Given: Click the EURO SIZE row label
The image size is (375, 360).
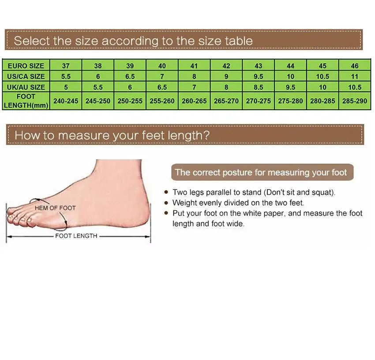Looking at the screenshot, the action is coord(26,66).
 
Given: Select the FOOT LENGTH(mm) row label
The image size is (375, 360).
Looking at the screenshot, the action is coord(26,101).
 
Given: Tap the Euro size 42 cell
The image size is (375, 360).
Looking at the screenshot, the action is coord(226,66).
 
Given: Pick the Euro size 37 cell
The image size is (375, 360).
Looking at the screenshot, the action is coord(66,66).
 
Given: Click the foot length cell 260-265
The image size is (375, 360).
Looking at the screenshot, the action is coord(194,101).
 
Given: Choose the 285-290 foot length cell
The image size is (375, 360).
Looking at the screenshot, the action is coord(355,101).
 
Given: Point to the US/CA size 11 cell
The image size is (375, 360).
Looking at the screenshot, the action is coord(355,76).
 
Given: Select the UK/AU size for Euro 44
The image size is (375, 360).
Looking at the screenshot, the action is coord(291,87).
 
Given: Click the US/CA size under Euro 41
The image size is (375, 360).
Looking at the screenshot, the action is coord(194,76).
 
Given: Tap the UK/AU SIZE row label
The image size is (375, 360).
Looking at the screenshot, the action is coord(26,87).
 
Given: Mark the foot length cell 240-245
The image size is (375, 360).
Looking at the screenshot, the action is coord(66,101).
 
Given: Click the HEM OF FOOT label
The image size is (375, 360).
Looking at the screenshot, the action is coord(55,208).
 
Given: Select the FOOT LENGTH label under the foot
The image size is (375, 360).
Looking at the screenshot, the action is coord(76,236).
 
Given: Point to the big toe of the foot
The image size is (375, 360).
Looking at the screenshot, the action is coord(15,212).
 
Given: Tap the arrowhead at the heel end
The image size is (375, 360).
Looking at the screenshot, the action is coord(148,237).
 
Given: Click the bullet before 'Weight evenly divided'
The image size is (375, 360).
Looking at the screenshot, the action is coord(166,203).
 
